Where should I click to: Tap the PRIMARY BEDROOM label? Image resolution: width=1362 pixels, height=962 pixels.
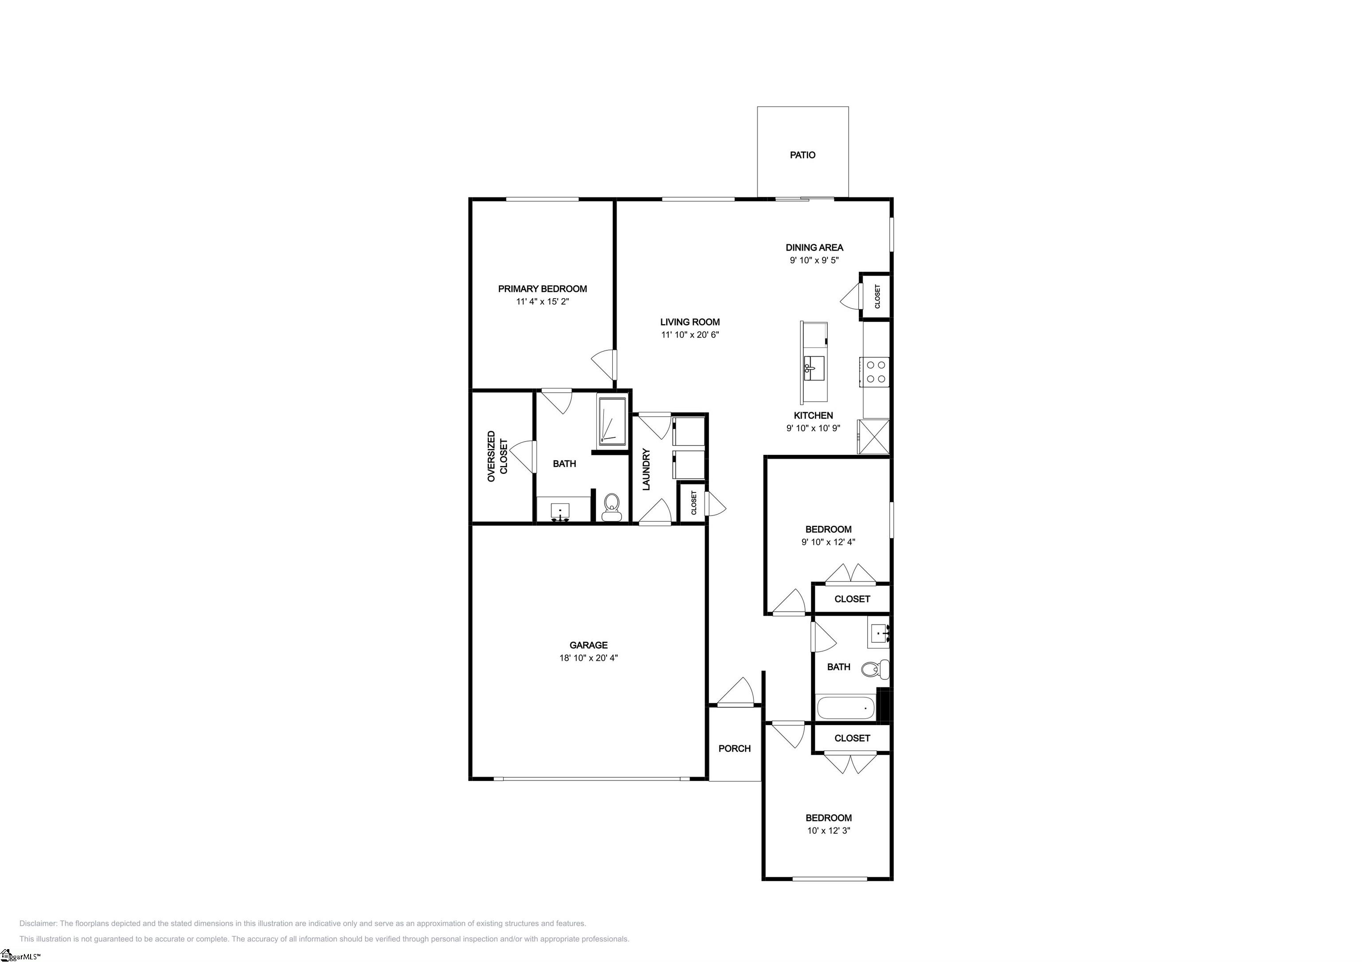[x=542, y=289]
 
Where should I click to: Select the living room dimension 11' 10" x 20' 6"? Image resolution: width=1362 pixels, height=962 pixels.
[x=690, y=335]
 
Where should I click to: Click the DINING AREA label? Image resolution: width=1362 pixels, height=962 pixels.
[x=814, y=248]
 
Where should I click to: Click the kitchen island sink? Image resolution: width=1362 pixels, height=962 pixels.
[x=813, y=368]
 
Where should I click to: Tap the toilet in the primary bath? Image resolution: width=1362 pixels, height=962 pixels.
[x=611, y=508]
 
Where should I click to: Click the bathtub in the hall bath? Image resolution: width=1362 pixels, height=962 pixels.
[x=845, y=708]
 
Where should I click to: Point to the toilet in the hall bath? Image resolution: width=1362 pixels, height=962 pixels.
[x=876, y=669]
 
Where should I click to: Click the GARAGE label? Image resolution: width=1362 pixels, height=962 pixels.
[x=588, y=645]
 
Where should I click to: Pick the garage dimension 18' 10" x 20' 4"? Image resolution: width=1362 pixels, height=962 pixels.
[x=588, y=658]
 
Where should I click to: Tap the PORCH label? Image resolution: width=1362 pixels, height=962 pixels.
[x=734, y=749]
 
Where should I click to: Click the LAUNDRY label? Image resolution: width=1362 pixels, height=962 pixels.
[x=646, y=469]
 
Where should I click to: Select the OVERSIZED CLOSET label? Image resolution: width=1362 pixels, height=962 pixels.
[x=497, y=456]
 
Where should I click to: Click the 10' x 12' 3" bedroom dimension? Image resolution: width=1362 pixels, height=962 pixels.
[x=828, y=830]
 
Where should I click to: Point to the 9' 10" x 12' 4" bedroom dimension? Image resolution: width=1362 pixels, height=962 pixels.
[x=828, y=542]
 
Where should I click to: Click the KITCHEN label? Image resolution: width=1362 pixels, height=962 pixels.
[x=813, y=416]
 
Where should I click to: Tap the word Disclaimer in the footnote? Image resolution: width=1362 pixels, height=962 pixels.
[x=38, y=923]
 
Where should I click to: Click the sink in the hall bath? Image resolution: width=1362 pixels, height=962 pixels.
[x=878, y=633]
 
